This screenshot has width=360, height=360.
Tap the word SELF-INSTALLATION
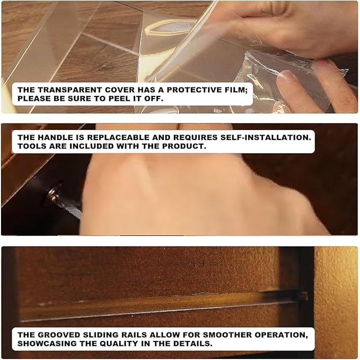click(x=266, y=137)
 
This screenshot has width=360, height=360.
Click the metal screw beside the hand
click(x=53, y=193)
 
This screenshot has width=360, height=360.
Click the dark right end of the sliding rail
click(x=301, y=297)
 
